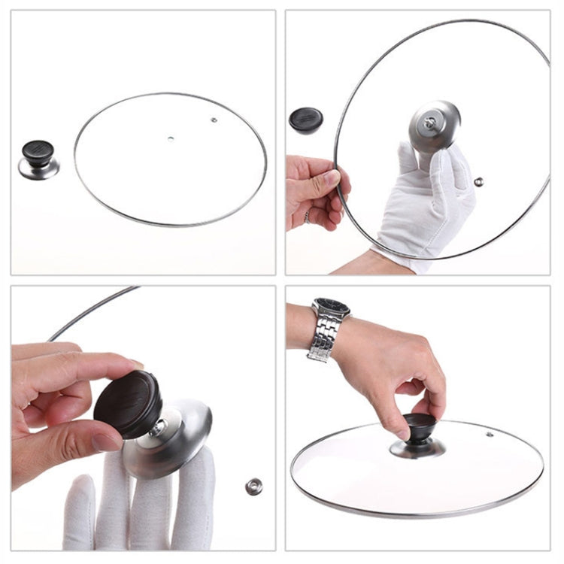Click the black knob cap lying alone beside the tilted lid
tap(306, 120)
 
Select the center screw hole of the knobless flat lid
tap(171, 138)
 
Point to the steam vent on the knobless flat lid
tap(214, 119)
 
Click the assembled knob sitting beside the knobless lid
tap(38, 158)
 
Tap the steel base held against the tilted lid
tap(434, 126)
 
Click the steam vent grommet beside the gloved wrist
tap(478, 181)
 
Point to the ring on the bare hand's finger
tap(306, 217)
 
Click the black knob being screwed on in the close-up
tap(128, 403)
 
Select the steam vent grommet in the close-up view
tap(253, 486)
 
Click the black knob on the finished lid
tap(420, 428)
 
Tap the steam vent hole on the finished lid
tap(490, 434)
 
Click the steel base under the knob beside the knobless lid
tap(38, 170)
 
